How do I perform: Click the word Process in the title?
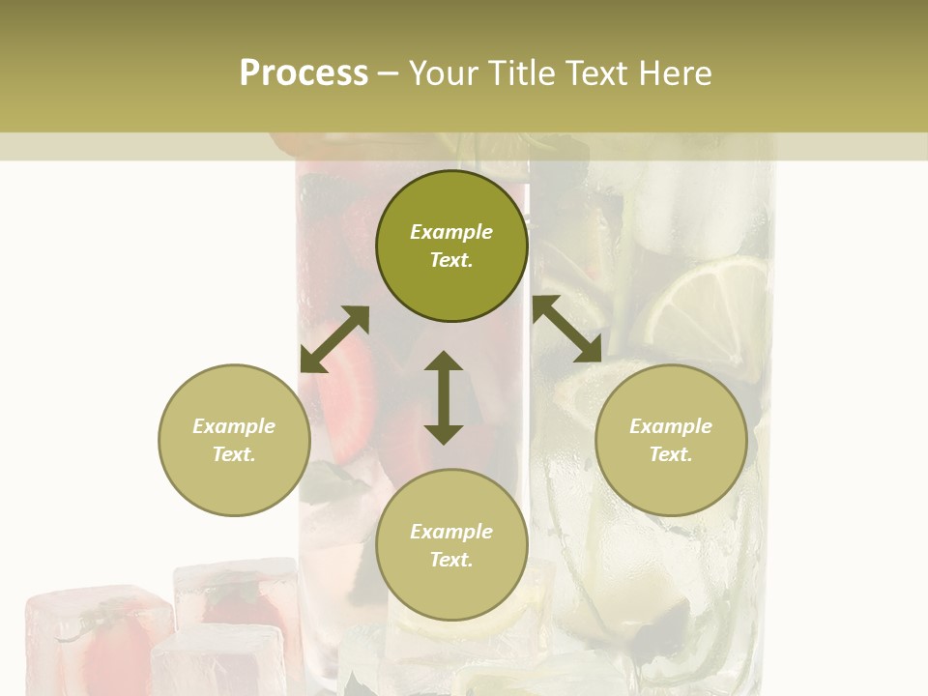[304, 73]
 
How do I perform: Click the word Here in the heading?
[673, 73]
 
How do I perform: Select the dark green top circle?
[451, 246]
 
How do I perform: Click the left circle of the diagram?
[234, 440]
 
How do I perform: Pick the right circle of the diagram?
[671, 440]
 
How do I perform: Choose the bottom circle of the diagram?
[451, 545]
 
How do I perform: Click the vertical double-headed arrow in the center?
[444, 397]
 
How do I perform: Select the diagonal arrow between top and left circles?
[334, 339]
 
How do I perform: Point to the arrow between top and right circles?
[567, 329]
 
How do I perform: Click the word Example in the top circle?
[451, 232]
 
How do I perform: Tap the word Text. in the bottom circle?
[451, 560]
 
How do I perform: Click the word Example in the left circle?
[234, 426]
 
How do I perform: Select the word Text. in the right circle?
[671, 454]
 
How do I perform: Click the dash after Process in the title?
[389, 73]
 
